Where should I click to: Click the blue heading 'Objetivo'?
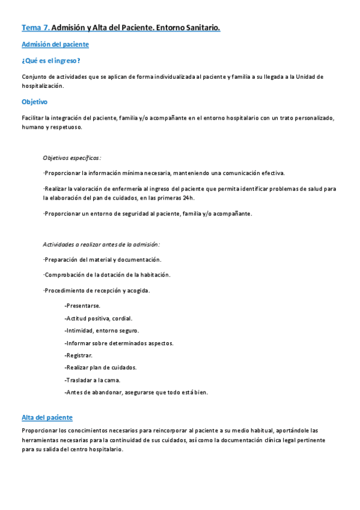point(34,102)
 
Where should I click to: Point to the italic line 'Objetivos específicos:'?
point(72,158)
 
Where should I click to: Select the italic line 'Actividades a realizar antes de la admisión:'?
point(101,244)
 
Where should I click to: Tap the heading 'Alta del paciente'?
point(47,417)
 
